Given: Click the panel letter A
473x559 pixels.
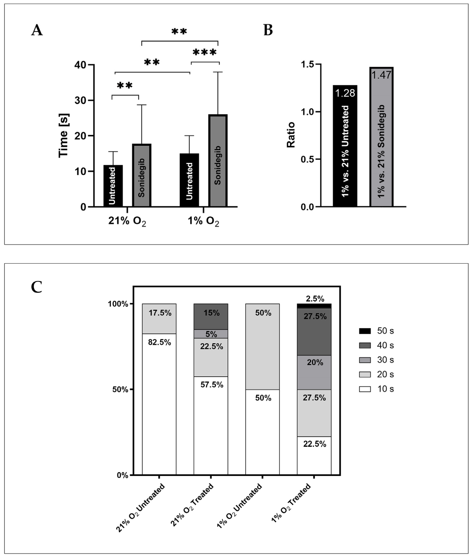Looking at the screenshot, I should [37, 30].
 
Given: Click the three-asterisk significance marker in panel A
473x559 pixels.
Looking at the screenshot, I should [205, 53].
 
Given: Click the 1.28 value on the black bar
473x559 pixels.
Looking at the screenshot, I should [345, 93].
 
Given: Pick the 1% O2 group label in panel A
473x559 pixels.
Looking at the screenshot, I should [203, 221].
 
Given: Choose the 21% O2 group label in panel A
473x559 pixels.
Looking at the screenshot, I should [127, 221].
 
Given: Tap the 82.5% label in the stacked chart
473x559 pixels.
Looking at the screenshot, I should [160, 342].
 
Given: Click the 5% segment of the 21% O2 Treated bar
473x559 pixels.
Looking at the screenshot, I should [211, 334].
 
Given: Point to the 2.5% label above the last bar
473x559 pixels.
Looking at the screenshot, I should [315, 299].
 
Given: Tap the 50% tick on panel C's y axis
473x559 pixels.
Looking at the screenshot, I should [120, 390].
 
